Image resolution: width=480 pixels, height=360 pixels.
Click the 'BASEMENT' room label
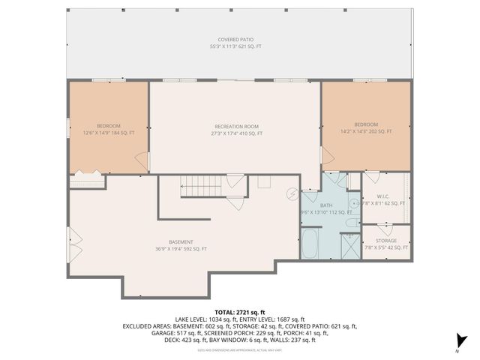coord(181,241)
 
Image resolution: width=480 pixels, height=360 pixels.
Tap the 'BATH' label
coord(326,205)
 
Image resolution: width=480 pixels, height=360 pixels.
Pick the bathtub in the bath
coord(311,244)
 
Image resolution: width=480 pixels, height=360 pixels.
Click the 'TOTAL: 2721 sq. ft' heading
coord(240,311)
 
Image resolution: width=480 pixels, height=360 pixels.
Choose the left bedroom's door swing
coord(139,159)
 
